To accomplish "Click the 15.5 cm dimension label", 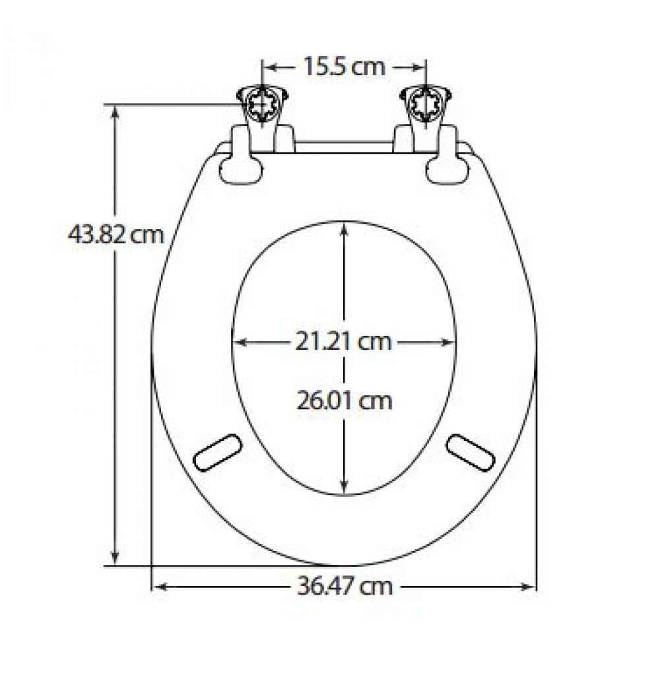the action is click(345, 67).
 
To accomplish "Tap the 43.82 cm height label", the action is click(116, 234).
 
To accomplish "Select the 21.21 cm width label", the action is click(343, 341).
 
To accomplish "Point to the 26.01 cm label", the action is click(344, 401).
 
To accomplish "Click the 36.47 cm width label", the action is click(345, 587).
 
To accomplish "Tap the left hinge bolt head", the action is click(262, 106).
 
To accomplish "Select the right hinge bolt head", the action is click(426, 106).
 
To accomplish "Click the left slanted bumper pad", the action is click(218, 452).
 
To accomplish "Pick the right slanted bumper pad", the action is click(471, 452).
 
